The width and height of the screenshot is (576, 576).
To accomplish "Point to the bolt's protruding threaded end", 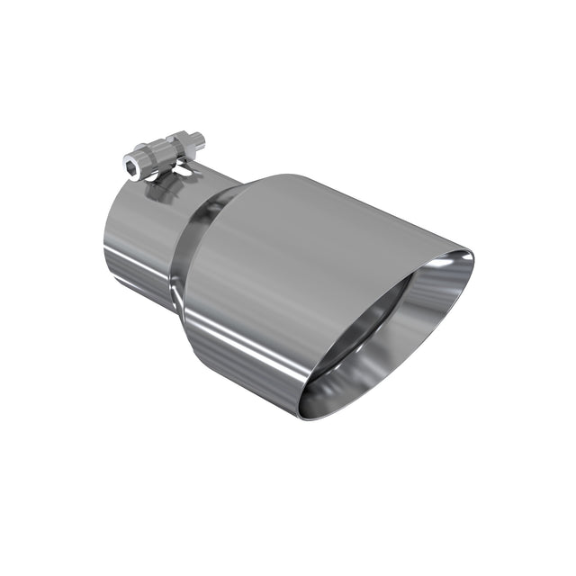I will [x=198, y=139].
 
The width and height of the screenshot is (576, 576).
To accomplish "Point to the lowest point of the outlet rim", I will [x=306, y=417].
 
